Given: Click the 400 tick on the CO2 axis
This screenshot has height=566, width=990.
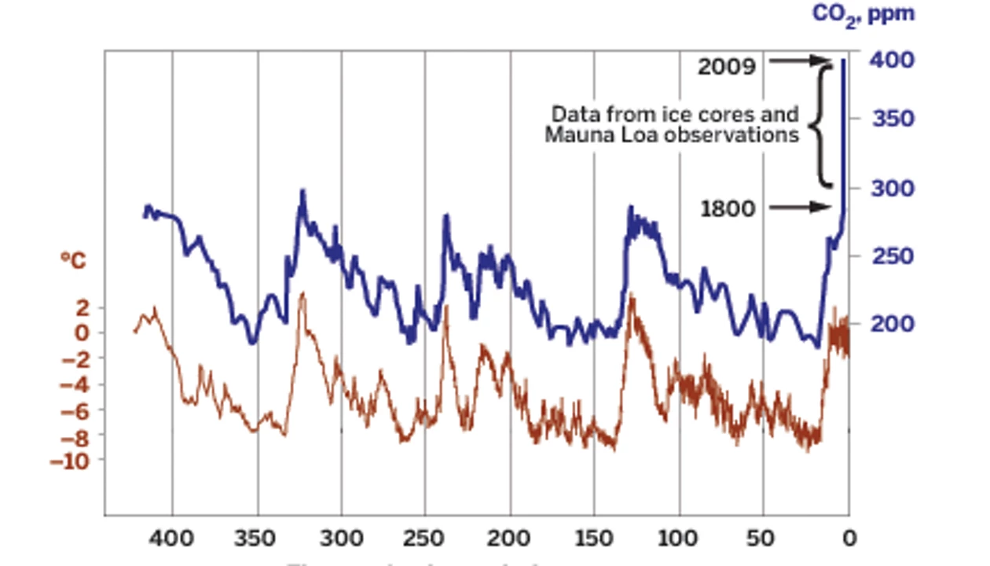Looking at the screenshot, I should (893, 60).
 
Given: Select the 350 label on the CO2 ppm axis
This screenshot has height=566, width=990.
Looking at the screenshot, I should (893, 119).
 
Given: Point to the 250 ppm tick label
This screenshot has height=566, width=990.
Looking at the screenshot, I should (893, 256).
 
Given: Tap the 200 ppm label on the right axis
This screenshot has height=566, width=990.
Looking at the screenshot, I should (893, 324).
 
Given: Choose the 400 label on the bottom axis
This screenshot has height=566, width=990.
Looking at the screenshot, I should (172, 540).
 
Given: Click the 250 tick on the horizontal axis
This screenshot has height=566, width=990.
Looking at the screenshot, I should (426, 540).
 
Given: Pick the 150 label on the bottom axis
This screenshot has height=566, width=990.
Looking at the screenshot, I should (595, 540).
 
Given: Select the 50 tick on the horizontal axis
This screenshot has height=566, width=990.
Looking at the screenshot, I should (763, 540).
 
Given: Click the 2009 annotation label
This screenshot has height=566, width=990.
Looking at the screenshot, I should (727, 66).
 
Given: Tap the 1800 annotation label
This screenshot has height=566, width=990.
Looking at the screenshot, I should (727, 209).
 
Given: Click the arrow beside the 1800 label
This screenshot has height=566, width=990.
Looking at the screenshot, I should (799, 208).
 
